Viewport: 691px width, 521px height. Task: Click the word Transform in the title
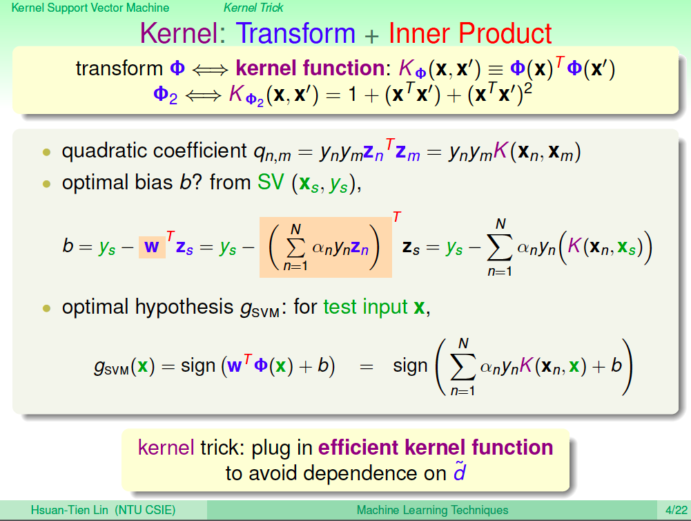tap(295, 33)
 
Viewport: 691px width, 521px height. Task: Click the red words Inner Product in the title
tap(470, 33)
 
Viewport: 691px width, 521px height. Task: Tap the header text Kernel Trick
tap(253, 8)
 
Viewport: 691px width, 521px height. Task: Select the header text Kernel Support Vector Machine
tap(90, 8)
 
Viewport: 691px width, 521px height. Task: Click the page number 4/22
tap(677, 510)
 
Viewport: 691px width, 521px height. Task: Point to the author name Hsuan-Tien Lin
tap(69, 510)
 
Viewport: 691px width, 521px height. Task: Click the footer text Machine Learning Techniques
tap(432, 510)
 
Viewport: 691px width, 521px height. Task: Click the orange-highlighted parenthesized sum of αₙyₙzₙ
tap(325, 247)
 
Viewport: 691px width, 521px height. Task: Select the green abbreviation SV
tap(271, 182)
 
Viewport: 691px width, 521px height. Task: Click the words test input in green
tap(365, 307)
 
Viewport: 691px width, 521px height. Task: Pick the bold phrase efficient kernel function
tap(436, 447)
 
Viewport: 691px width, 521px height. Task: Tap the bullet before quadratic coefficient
tap(47, 152)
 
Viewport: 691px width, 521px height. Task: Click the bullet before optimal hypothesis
tap(47, 308)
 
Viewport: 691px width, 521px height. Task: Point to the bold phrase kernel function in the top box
tap(310, 68)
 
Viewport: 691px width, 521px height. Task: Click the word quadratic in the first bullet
tap(104, 151)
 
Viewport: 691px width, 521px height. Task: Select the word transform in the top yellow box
tap(119, 68)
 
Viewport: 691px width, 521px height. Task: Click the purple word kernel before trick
tap(166, 447)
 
